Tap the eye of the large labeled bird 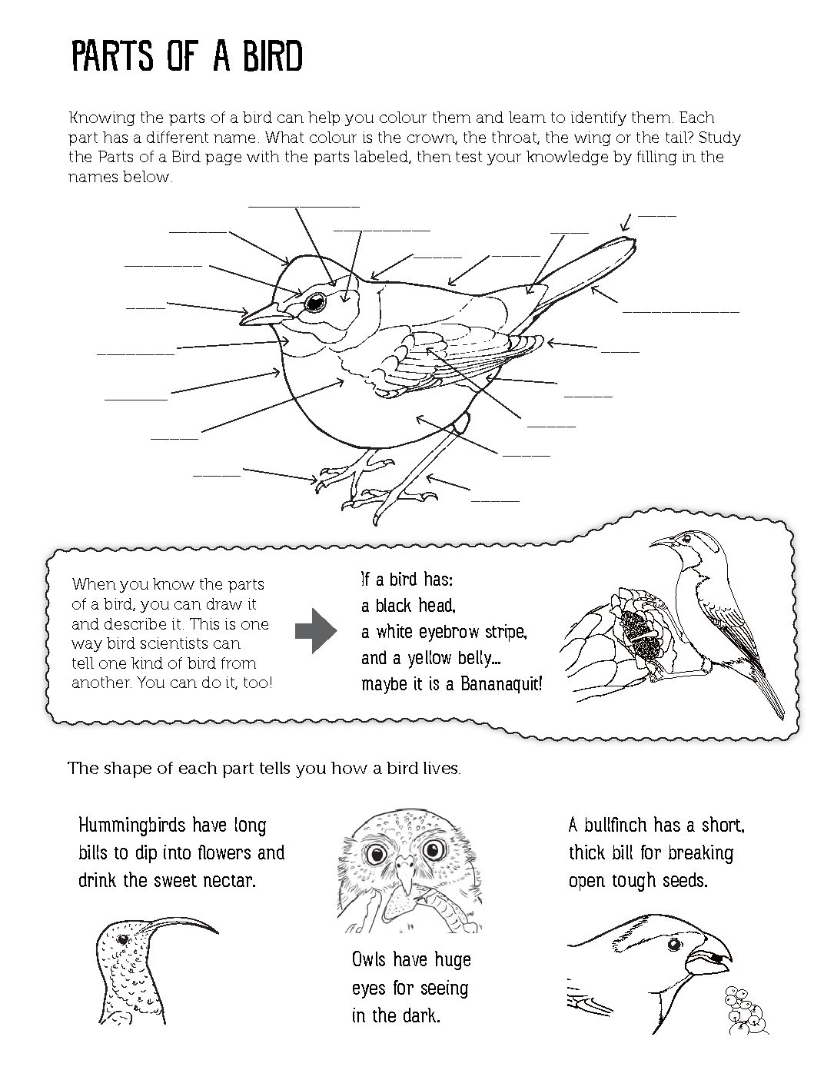coord(314,304)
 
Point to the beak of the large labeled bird coord(259,314)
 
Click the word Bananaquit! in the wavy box coord(501,683)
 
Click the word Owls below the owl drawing coord(369,959)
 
